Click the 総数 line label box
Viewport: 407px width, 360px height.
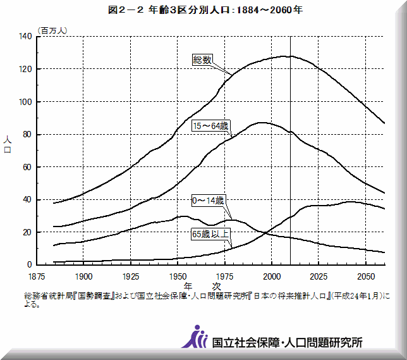pyautogui.click(x=202, y=59)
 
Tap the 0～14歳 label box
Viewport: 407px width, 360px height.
pyautogui.click(x=208, y=201)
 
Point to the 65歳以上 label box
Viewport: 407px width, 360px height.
pyautogui.click(x=210, y=233)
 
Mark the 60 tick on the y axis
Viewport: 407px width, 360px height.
pyautogui.click(x=27, y=168)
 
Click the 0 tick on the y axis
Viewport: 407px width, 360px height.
pyautogui.click(x=29, y=265)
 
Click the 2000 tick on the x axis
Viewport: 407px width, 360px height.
pyautogui.click(x=271, y=276)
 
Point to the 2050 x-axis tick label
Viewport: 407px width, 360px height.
pyautogui.click(x=365, y=276)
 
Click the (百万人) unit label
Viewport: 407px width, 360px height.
pyautogui.click(x=56, y=30)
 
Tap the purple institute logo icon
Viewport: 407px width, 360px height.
pyautogui.click(x=194, y=337)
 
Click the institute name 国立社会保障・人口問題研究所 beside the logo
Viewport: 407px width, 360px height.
pyautogui.click(x=288, y=342)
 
